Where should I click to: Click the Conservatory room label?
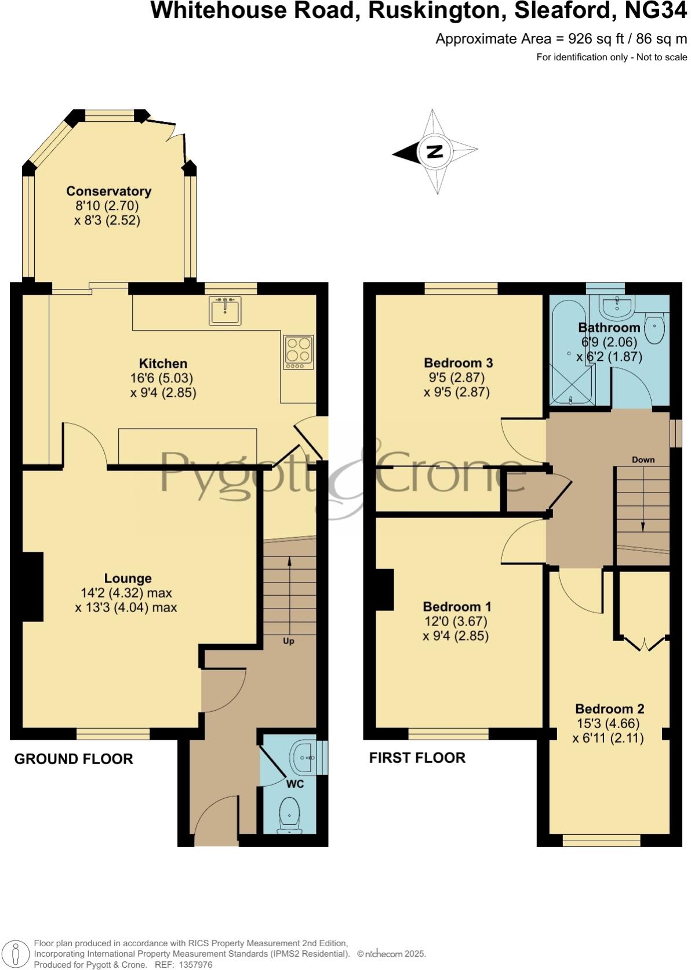(108, 191)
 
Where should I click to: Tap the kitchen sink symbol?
(225, 310)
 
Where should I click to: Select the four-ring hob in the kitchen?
(299, 352)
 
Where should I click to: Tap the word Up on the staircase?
(288, 641)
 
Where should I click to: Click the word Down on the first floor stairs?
(643, 459)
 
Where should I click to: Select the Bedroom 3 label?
(458, 363)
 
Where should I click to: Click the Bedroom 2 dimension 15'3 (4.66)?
(609, 723)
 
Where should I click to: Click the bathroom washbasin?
(617, 306)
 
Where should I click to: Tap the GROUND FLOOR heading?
(74, 759)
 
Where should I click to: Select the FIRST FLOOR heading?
(417, 758)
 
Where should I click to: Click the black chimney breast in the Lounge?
(32, 587)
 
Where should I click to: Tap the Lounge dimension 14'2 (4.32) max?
(126, 593)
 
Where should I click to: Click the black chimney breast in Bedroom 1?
(385, 589)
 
